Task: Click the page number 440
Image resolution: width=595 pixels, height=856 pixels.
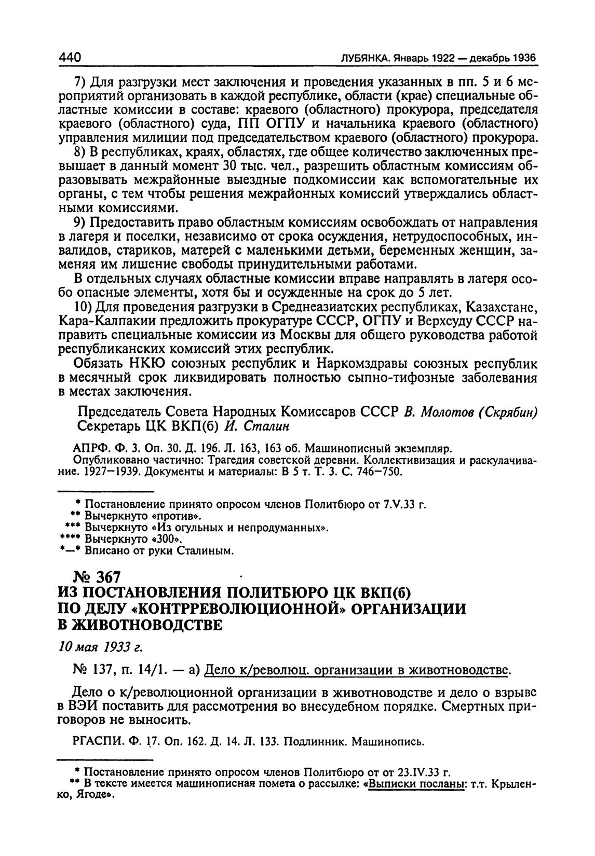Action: [x=70, y=57]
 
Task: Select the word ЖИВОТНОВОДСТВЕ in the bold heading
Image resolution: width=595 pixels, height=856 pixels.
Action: [x=140, y=625]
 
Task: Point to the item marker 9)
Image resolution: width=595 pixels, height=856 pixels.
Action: [x=83, y=222]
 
